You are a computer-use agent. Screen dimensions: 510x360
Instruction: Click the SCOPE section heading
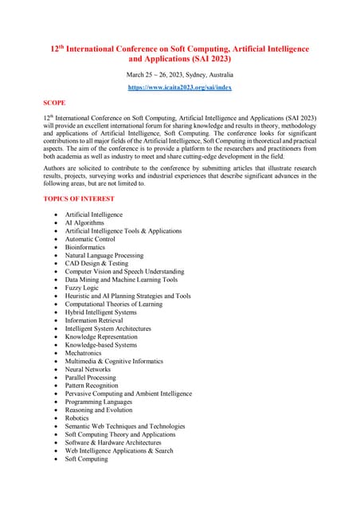[55, 104]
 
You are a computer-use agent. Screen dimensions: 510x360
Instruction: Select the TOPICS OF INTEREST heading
[79, 198]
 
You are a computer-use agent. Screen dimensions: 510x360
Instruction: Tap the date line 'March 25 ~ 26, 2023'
[179, 74]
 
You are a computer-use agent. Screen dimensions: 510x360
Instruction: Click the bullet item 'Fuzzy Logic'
[83, 288]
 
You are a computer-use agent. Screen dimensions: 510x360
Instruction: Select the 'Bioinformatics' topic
[88, 247]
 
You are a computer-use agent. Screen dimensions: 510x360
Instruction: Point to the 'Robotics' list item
[77, 418]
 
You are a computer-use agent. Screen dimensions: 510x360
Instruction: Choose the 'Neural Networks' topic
[88, 370]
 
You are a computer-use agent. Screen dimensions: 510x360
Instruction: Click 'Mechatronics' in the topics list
[87, 353]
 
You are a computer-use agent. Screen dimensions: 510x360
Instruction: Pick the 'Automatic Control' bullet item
[90, 239]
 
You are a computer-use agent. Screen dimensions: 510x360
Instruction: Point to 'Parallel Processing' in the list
[91, 378]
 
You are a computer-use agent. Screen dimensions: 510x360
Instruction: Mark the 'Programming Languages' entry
[98, 402]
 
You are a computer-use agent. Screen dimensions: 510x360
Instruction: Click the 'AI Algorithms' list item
[84, 223]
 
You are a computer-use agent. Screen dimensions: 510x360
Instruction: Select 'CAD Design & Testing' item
[96, 264]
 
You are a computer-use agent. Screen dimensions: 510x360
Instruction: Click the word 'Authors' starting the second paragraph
[55, 167]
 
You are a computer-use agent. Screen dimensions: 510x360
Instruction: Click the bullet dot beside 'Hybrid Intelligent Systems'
[54, 312]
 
